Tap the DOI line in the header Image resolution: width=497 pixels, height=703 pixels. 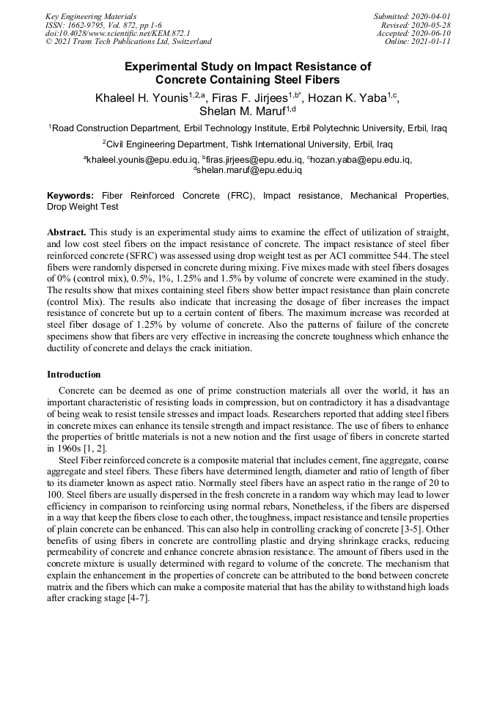point(118,33)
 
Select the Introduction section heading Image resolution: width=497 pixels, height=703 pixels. point(74,375)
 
